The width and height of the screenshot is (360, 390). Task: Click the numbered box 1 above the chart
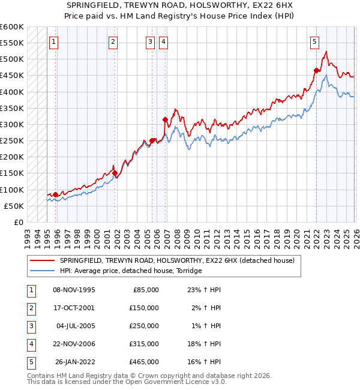[x=55, y=41]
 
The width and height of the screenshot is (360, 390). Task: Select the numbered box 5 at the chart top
[x=315, y=41]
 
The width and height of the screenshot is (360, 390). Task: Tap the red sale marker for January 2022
[x=316, y=70]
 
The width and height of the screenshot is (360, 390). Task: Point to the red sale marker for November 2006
[x=165, y=119]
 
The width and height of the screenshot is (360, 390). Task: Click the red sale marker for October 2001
[x=115, y=173]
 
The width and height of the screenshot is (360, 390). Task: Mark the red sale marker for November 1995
[x=55, y=194]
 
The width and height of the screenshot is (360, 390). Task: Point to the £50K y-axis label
[x=14, y=206]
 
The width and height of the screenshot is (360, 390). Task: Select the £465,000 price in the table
[x=144, y=362]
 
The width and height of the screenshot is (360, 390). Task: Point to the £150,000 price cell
[x=144, y=308]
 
